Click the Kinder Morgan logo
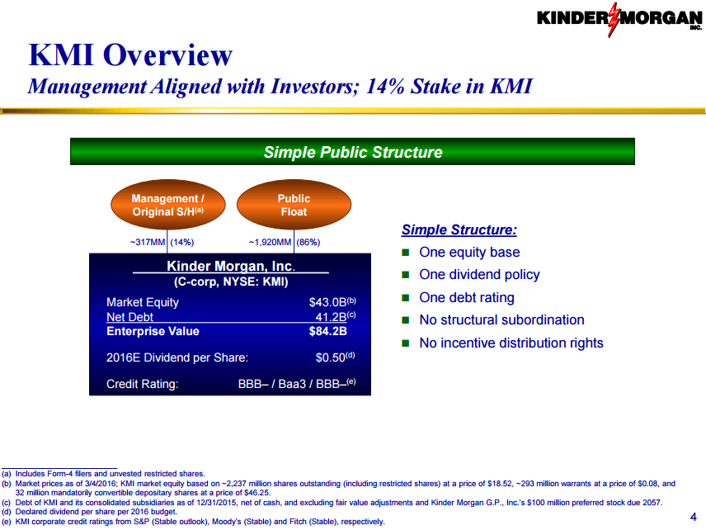(x=619, y=19)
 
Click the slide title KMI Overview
(x=130, y=55)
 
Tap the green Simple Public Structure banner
(x=352, y=151)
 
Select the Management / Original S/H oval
(x=168, y=205)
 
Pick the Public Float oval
(x=294, y=205)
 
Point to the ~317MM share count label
(x=148, y=243)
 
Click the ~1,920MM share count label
(x=271, y=243)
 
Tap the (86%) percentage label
(x=308, y=243)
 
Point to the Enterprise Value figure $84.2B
(x=328, y=331)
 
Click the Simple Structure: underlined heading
(x=459, y=230)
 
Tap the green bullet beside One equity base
(x=406, y=253)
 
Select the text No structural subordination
(x=502, y=320)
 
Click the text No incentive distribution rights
(x=511, y=343)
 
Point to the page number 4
(x=694, y=517)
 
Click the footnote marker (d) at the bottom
(x=7, y=512)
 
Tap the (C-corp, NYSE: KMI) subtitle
(x=231, y=282)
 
